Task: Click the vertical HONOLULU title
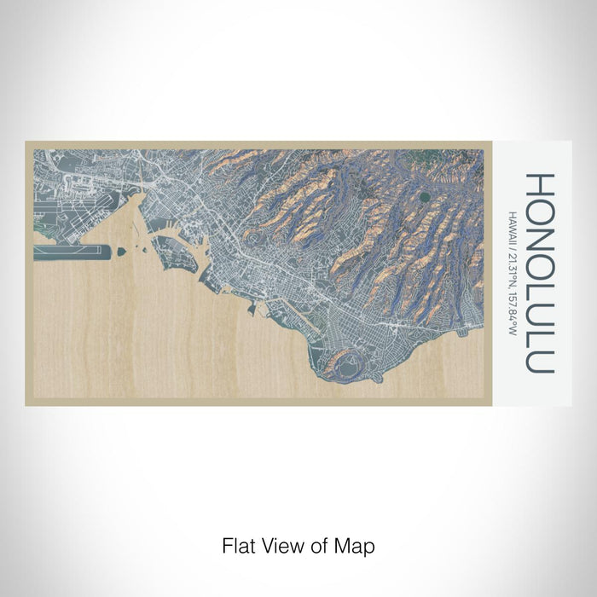540,273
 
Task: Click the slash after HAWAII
509,242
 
